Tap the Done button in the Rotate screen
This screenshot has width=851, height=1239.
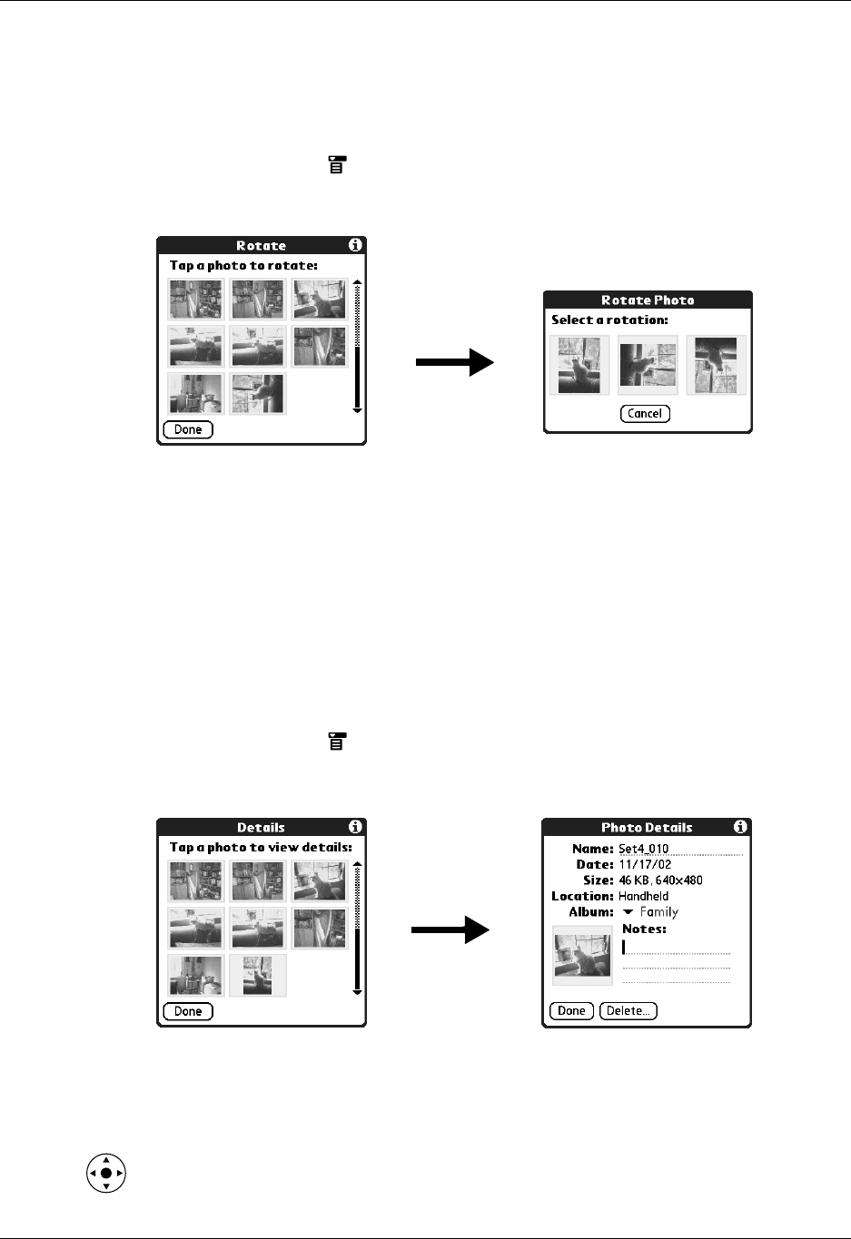coord(188,429)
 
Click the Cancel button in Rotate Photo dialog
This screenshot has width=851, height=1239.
coord(645,414)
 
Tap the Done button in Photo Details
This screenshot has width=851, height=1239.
coord(571,1010)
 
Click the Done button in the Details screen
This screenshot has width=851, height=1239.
coord(188,1011)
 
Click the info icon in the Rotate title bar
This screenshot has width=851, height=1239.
coord(355,245)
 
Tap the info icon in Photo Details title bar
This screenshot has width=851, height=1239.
coord(740,827)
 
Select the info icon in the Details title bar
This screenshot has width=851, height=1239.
coord(355,827)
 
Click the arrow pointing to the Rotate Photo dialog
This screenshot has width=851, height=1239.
coord(454,363)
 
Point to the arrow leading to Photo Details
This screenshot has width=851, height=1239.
coord(450,929)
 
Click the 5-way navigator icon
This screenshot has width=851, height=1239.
coord(106,1173)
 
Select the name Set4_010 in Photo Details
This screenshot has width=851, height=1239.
coord(644,850)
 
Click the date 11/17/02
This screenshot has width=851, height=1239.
coord(645,865)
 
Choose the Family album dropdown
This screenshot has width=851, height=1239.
coord(650,912)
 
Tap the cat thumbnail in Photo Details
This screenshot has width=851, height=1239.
coord(582,956)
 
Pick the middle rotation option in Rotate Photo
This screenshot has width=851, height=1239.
coord(648,365)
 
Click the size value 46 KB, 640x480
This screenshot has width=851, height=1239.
coord(660,880)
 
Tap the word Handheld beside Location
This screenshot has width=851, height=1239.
coord(643,896)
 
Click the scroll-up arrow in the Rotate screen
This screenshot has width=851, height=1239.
coord(357,282)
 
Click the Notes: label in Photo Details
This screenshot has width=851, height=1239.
coord(644,929)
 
